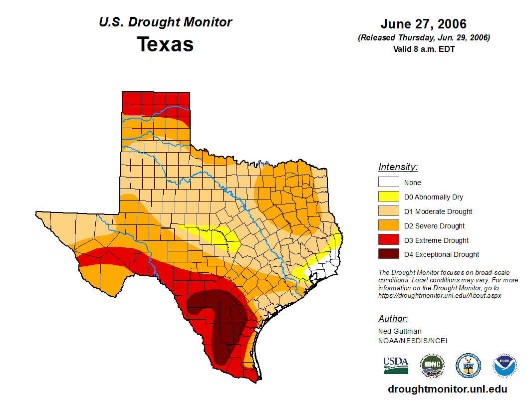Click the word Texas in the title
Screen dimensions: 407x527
165,44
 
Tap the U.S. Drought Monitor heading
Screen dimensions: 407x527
165,22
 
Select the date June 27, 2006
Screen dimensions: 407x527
423,24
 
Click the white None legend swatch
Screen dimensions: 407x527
388,183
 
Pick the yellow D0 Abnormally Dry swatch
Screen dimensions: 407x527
388,197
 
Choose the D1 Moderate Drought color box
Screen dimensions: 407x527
388,211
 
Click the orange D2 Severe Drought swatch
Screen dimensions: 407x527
388,226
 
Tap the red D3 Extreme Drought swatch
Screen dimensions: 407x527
388,240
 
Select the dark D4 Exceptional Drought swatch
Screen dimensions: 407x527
388,254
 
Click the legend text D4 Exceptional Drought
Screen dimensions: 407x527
441,254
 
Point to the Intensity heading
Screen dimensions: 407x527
398,167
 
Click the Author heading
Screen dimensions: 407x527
393,319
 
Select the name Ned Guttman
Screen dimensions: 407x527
400,331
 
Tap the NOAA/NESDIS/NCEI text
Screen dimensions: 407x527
413,341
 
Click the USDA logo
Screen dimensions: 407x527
396,365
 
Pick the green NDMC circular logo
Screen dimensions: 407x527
432,366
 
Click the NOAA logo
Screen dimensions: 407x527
505,366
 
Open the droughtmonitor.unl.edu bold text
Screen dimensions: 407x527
447,389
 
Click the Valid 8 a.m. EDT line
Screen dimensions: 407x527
423,49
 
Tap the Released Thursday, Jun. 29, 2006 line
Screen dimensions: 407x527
423,38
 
